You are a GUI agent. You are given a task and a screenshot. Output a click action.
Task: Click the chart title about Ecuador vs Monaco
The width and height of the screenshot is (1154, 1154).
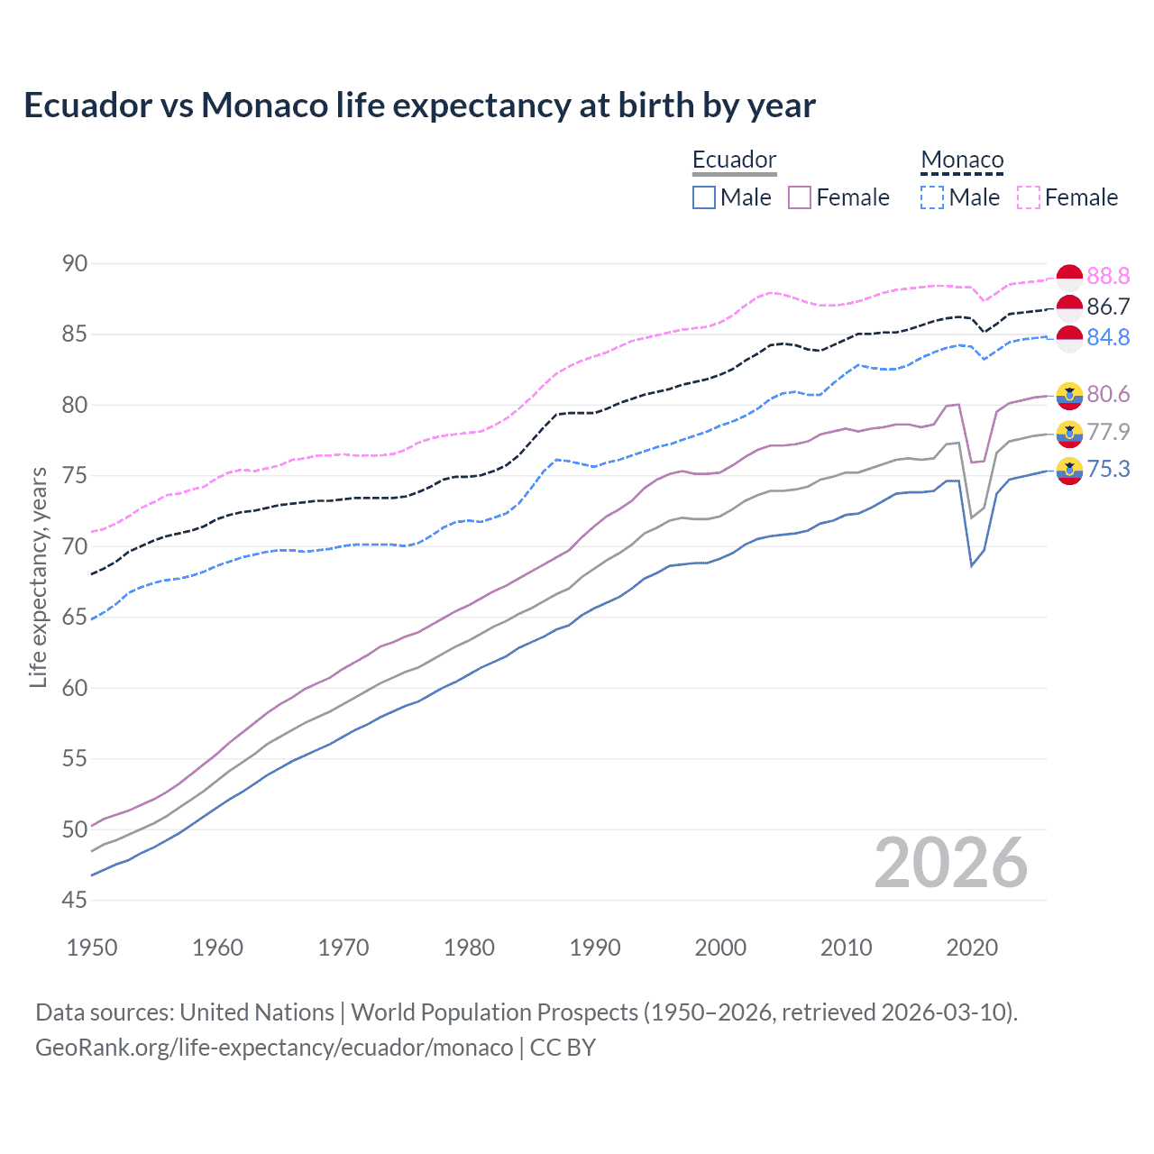(419, 105)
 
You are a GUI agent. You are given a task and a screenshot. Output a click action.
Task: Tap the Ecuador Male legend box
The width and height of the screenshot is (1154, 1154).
(704, 197)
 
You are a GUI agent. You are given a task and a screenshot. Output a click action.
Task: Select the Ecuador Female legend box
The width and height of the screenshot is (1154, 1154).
(800, 197)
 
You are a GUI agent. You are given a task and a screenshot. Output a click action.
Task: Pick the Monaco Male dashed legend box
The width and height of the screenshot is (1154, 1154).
(933, 197)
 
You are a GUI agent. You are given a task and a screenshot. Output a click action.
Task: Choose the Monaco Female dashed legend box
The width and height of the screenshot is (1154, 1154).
(1029, 197)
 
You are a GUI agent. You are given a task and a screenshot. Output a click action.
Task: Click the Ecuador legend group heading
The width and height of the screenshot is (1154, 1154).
(734, 160)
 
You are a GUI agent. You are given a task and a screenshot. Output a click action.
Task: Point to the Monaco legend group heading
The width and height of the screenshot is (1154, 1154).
(962, 160)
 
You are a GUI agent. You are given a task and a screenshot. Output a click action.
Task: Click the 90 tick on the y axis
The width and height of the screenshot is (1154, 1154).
(75, 263)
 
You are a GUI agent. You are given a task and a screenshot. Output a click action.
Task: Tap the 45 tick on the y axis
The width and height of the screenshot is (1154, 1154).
(75, 900)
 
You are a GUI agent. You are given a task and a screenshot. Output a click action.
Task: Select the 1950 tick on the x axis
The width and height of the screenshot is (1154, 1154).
(92, 948)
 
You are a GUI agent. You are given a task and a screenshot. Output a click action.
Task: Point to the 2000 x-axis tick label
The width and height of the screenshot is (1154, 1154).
(720, 948)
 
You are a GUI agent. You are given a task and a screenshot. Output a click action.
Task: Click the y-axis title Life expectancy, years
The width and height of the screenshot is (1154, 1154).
(38, 577)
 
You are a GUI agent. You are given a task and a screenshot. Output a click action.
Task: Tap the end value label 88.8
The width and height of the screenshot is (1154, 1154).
(1108, 276)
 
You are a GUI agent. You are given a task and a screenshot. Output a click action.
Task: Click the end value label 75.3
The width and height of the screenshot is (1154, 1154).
(1108, 469)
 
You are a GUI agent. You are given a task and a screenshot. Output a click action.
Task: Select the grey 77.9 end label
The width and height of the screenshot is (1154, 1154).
(1108, 432)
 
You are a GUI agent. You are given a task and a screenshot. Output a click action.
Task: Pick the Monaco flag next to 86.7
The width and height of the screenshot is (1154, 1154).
(1069, 307)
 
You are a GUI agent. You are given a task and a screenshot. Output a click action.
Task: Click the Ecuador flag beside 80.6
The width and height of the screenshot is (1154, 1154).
(1069, 395)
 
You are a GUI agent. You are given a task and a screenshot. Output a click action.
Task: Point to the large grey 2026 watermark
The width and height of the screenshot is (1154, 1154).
(951, 863)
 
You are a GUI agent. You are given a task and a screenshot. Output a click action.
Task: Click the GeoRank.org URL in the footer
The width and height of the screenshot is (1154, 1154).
(274, 1048)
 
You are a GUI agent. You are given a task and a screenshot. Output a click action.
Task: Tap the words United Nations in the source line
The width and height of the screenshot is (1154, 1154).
(257, 1012)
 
